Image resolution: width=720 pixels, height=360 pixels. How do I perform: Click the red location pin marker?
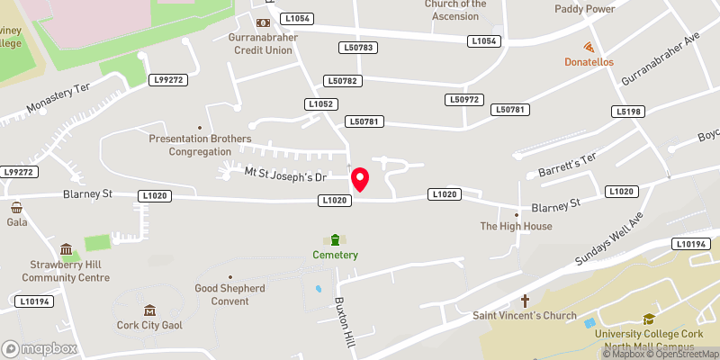point(361,179)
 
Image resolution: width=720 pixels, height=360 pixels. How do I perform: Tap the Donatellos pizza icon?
point(589,47)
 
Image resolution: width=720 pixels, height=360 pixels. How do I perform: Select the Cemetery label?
point(336,255)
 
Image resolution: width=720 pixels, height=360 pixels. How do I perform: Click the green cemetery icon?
point(336,239)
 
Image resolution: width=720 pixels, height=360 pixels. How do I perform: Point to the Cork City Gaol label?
point(149,326)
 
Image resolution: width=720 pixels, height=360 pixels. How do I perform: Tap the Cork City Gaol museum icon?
point(149,310)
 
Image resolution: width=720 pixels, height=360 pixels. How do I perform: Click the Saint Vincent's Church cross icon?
point(525,300)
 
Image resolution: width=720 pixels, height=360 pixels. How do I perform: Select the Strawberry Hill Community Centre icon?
point(67,249)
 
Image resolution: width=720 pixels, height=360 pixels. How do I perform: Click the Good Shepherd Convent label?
point(230,294)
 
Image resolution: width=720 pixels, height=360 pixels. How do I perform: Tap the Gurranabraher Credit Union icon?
point(263,22)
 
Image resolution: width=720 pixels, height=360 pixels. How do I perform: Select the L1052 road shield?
point(321,104)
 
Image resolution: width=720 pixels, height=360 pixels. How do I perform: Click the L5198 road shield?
point(629,112)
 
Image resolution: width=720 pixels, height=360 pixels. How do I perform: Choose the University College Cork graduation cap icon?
point(648,319)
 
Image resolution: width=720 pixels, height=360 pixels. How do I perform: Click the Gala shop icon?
point(16,207)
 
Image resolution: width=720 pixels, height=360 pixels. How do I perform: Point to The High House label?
point(516,227)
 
